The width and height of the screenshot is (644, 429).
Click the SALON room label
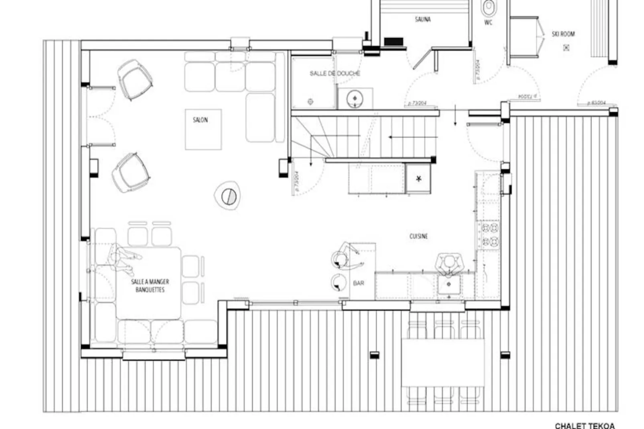(200, 120)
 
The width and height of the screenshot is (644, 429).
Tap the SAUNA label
(423, 19)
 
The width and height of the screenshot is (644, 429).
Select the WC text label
(488, 23)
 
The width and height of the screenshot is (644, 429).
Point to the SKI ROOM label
(563, 34)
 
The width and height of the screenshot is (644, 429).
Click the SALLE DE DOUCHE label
(335, 74)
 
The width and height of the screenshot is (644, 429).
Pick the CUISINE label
(418, 237)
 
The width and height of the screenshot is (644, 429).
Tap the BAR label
(358, 283)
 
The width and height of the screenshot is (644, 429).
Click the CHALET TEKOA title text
(585, 426)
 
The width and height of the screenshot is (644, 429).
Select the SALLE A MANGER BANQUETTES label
(150, 286)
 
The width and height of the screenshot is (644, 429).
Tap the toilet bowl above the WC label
(488, 7)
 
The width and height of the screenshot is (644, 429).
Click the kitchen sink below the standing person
(449, 285)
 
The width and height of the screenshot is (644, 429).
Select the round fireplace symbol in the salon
(228, 196)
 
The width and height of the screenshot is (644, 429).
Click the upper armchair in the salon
(135, 79)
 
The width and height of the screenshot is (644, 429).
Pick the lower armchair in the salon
(131, 172)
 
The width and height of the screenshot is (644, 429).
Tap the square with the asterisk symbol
(419, 179)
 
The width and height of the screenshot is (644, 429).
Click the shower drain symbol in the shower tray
(310, 102)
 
